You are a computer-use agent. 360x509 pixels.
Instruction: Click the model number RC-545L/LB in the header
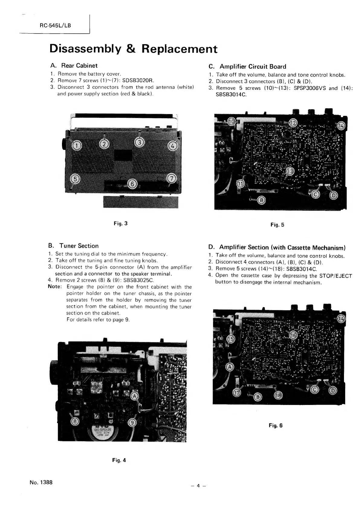tap(55, 25)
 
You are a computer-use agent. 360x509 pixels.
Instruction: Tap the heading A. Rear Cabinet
tap(73, 66)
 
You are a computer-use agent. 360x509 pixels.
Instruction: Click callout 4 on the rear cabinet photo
tap(172, 146)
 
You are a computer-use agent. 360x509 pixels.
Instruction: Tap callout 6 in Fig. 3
tap(132, 183)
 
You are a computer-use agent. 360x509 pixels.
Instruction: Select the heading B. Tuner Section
tap(73, 246)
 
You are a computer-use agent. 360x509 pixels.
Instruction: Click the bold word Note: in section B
tap(55, 287)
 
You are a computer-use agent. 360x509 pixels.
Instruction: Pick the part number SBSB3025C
tap(139, 280)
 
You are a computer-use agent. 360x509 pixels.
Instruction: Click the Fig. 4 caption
tap(119, 460)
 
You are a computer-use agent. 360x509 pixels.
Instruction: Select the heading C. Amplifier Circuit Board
tap(248, 67)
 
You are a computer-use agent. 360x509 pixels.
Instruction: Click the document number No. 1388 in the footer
tap(41, 482)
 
